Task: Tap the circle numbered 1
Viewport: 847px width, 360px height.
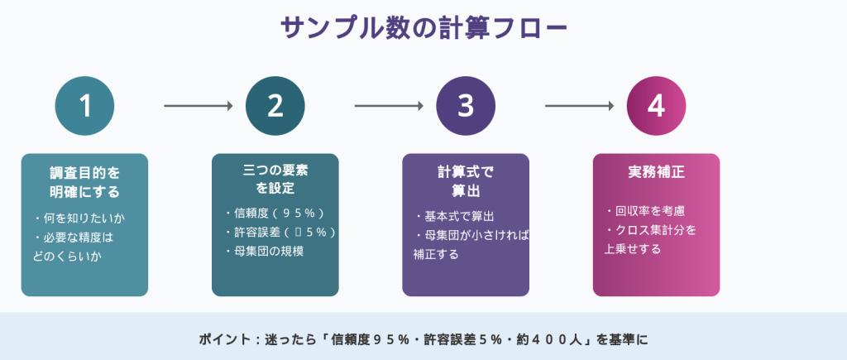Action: point(84,106)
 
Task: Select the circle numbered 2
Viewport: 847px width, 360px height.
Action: point(275,106)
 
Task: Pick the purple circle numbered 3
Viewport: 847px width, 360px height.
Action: point(466,106)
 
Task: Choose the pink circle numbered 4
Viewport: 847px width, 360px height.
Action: point(656,106)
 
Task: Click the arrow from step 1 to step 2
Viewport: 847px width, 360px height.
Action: point(199,106)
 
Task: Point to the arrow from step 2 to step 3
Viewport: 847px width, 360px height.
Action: point(389,106)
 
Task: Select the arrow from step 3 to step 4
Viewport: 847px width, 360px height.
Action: point(579,106)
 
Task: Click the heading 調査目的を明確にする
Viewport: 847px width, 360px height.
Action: point(84,182)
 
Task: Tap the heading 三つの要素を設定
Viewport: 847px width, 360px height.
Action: point(275,179)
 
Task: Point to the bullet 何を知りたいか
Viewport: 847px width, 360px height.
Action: point(79,218)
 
